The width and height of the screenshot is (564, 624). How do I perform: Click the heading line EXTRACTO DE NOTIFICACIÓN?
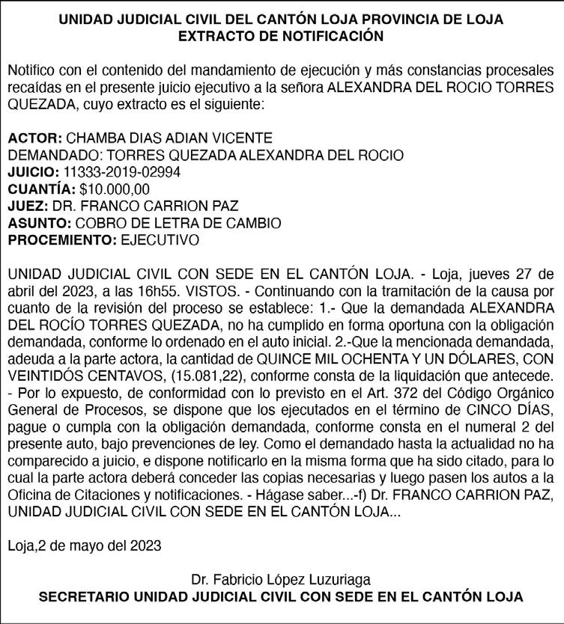(282, 35)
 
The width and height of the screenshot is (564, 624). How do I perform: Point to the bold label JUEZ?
(28, 206)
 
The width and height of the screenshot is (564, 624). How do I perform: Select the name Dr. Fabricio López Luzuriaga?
(281, 579)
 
